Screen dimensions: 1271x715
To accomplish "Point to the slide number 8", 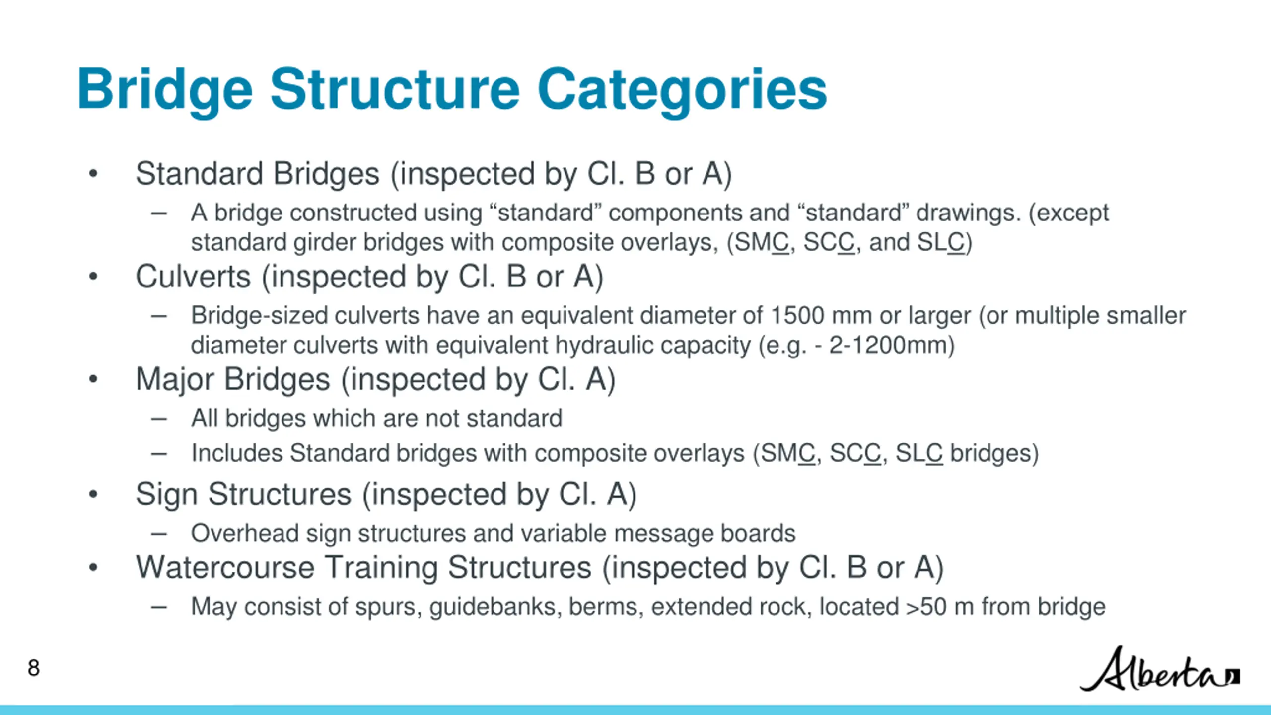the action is click(x=34, y=668).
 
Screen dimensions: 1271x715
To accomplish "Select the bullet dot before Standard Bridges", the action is click(x=93, y=174).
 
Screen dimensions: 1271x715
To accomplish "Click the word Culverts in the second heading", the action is click(x=193, y=277).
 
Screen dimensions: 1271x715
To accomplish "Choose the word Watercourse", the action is click(x=225, y=568).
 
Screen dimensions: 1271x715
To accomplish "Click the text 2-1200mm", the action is click(x=892, y=346).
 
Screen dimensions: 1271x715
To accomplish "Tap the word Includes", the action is click(x=237, y=453).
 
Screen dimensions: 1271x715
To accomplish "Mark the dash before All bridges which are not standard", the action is click(x=159, y=419).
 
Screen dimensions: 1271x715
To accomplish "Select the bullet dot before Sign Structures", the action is click(x=93, y=495).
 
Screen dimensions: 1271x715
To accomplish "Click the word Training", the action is click(x=381, y=568).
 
